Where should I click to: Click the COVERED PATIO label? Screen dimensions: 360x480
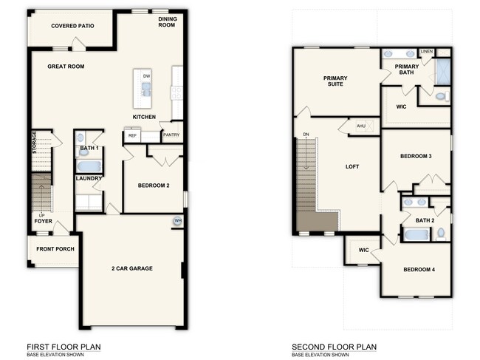click(72, 26)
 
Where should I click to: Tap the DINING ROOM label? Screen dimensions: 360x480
click(166, 22)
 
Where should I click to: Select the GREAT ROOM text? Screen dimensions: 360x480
click(66, 67)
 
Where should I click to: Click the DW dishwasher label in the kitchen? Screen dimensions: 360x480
click(146, 76)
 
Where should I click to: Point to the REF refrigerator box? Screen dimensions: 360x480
click(133, 135)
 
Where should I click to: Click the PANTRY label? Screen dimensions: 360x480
click(171, 135)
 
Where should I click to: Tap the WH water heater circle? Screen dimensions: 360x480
click(177, 221)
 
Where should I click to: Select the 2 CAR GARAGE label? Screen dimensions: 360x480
click(132, 268)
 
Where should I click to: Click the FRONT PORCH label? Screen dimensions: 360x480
click(55, 248)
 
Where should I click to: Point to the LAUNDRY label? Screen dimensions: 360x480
click(89, 178)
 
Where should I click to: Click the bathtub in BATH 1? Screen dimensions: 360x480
click(89, 166)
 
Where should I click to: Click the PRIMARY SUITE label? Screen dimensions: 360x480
click(335, 81)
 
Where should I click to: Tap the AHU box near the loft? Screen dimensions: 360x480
click(361, 126)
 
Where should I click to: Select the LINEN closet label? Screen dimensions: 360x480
click(426, 51)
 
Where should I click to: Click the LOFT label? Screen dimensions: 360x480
click(352, 166)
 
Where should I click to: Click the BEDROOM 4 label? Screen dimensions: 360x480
click(419, 269)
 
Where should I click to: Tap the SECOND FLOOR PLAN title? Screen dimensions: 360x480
click(334, 346)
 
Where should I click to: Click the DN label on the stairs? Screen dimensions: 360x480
click(305, 135)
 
